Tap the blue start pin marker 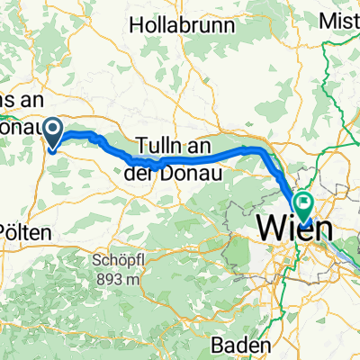tap(53, 133)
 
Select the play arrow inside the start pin tap(53, 132)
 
